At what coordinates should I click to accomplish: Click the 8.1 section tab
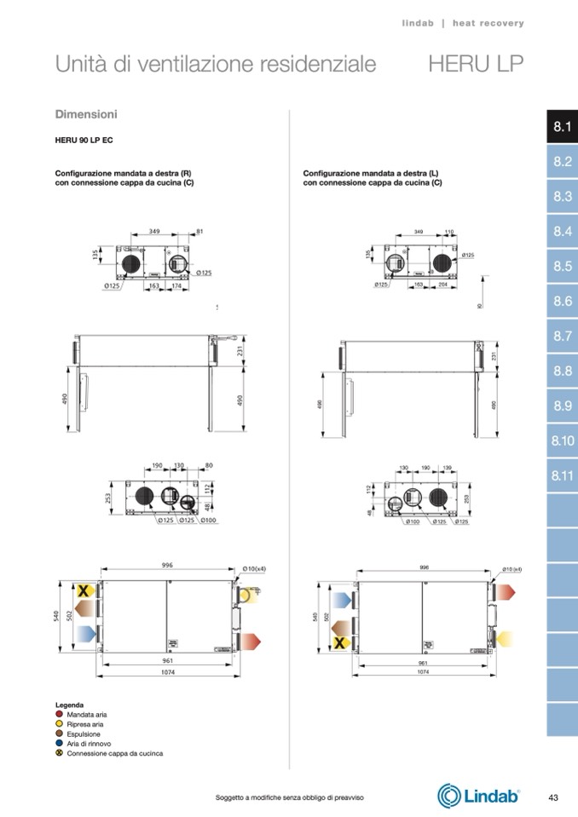(x=562, y=128)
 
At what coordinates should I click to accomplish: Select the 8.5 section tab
(x=562, y=267)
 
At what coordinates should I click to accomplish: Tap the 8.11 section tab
(x=562, y=475)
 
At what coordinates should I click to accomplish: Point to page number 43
(x=553, y=797)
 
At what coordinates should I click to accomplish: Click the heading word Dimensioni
(x=86, y=114)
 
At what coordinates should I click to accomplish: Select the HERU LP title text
(x=476, y=64)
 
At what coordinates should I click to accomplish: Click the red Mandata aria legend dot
(x=60, y=714)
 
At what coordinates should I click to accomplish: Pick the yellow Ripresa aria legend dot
(x=60, y=724)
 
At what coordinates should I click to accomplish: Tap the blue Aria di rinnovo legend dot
(x=60, y=743)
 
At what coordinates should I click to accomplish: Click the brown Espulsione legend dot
(x=60, y=734)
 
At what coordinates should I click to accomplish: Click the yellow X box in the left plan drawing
(x=84, y=590)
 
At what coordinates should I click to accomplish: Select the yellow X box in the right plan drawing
(x=339, y=642)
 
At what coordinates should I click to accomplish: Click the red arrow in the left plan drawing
(x=251, y=639)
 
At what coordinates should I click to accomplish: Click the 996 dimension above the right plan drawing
(x=424, y=567)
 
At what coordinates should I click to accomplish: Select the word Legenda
(x=69, y=705)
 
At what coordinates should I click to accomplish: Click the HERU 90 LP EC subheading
(x=84, y=139)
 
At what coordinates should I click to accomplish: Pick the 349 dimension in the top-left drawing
(x=154, y=232)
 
